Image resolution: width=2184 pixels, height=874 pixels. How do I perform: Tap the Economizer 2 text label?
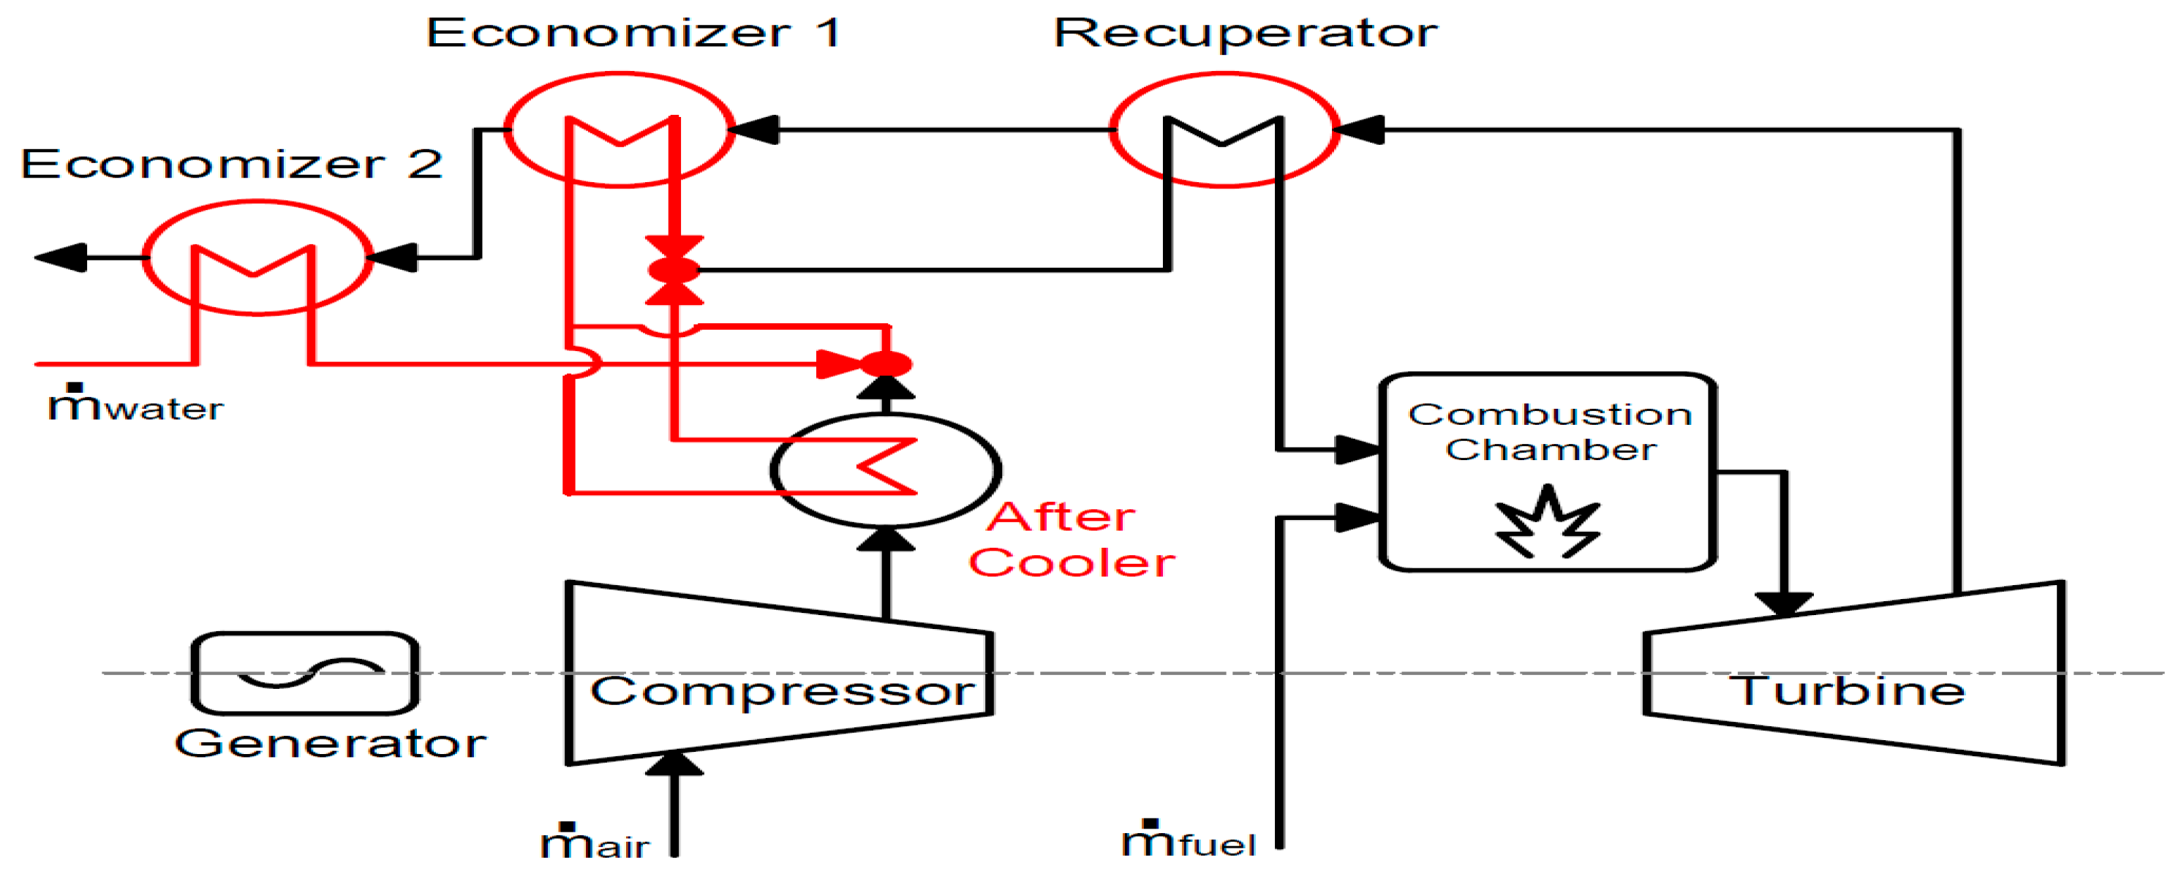[230, 163]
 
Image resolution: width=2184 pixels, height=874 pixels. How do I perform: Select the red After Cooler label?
[1070, 540]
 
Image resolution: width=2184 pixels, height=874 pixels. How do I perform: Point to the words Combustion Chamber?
[1550, 432]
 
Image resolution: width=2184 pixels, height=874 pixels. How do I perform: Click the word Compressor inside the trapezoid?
[782, 691]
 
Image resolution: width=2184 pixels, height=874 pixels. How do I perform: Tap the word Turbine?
[1847, 691]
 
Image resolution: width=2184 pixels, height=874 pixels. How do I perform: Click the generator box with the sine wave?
[305, 673]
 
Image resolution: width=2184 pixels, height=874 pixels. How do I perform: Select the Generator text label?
[331, 744]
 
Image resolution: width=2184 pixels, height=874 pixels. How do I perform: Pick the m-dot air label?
[595, 843]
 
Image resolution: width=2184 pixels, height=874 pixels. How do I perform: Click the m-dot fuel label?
[1188, 841]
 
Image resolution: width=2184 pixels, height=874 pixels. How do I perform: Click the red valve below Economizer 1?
[674, 271]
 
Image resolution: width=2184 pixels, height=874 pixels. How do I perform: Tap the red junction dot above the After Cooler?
[886, 364]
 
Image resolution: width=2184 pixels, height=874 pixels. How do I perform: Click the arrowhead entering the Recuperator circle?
[1360, 129]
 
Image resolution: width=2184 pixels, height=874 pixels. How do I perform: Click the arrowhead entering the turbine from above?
[1784, 603]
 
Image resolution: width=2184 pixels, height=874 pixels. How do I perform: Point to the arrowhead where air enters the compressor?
[674, 764]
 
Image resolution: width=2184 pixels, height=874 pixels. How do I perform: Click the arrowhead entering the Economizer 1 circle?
[755, 129]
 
